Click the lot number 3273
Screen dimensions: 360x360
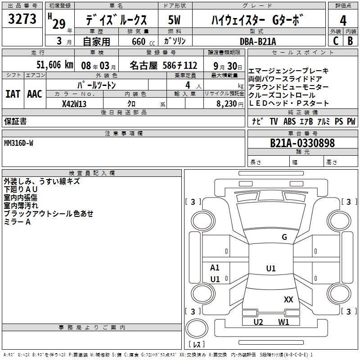pos(22,19)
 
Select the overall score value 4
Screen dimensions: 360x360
pos(343,21)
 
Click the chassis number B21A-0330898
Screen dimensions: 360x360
pos(302,143)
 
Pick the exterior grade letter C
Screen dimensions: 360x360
pos(335,41)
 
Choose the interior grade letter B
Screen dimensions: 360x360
pos(350,41)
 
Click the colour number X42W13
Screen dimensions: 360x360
pos(74,103)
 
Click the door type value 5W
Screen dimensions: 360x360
pos(175,20)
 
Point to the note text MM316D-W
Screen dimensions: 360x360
pos(18,143)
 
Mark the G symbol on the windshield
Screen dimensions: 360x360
pos(284,237)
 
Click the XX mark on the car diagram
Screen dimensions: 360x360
pos(288,299)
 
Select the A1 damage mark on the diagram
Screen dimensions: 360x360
pos(215,268)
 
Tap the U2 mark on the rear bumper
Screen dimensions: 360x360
pos(258,322)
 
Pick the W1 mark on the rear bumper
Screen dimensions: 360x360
pos(283,322)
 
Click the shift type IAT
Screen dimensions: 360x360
pos(13,94)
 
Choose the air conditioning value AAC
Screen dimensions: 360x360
pos(34,94)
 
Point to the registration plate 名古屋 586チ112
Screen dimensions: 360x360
pos(163,65)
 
